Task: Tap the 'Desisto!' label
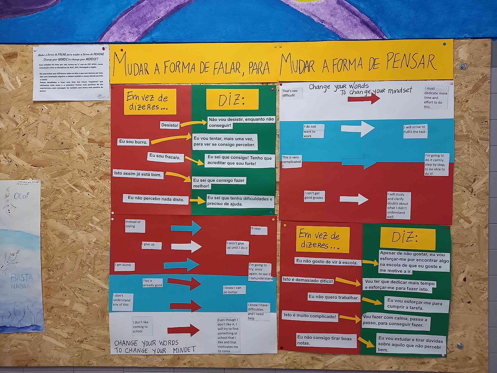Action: [x=170, y=125]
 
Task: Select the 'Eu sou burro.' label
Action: [x=133, y=142]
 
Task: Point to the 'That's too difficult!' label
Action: [x=292, y=93]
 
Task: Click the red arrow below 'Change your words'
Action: [x=363, y=99]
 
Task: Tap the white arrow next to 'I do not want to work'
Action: [x=358, y=128]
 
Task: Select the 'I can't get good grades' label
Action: [x=314, y=196]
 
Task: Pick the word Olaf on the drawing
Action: [x=21, y=196]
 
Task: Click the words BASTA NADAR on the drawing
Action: [x=21, y=280]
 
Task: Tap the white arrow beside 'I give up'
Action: [x=186, y=246]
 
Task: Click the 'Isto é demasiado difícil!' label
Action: [x=308, y=280]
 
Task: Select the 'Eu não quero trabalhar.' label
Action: [x=333, y=297]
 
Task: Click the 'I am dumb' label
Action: [x=124, y=266]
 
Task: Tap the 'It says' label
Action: [x=258, y=230]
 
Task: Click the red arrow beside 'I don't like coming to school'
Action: [x=183, y=330]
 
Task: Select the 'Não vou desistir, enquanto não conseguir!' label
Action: [x=241, y=122]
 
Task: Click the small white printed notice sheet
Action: [x=71, y=73]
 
